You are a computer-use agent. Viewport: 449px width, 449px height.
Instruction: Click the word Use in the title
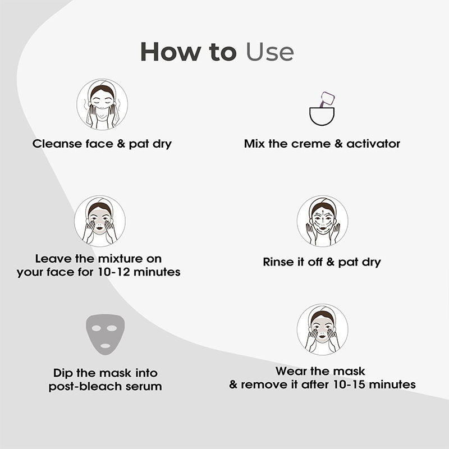tap(270, 52)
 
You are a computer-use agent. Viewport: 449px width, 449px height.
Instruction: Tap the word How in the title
tap(171, 52)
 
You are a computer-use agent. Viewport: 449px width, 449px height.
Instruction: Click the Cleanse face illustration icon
tap(102, 104)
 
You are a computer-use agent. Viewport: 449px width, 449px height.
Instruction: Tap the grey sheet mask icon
tap(105, 334)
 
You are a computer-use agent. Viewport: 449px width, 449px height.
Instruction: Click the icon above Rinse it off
tap(322, 221)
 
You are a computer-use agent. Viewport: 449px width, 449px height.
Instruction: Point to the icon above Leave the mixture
tap(100, 221)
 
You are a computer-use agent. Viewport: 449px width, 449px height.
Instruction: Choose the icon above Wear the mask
tap(322, 329)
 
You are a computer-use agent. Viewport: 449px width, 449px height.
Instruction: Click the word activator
tap(373, 144)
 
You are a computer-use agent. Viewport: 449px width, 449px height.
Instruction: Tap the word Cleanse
tap(57, 144)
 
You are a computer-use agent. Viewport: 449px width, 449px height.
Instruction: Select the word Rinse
tap(276, 262)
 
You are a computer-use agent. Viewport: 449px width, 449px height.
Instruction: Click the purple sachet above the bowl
tap(327, 99)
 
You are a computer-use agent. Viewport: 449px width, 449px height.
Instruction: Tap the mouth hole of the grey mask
tap(105, 346)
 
